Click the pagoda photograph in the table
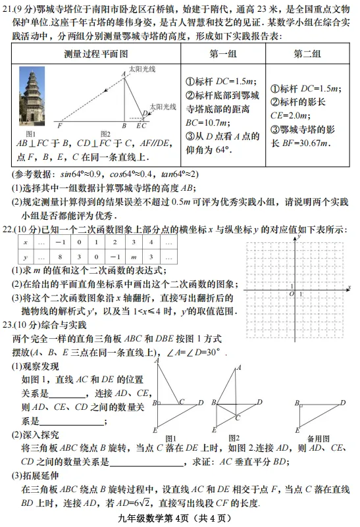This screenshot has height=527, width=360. click(x=31, y=95)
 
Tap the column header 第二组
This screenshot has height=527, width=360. click(x=307, y=53)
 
